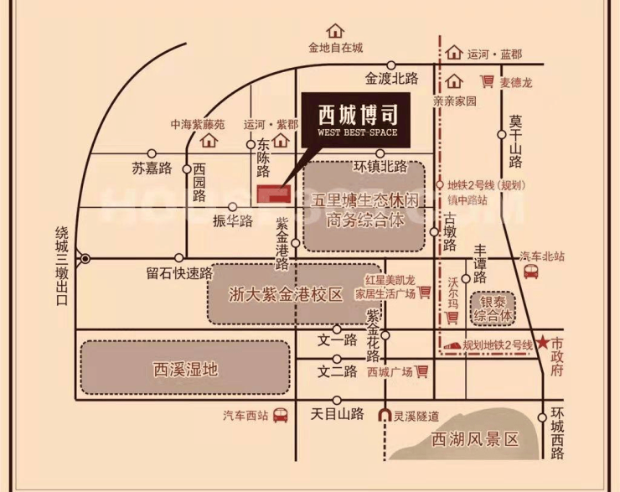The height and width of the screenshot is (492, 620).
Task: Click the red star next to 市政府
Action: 544,343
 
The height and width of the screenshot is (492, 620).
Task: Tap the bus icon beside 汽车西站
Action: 281,415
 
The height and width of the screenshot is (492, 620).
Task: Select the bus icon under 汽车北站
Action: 530,272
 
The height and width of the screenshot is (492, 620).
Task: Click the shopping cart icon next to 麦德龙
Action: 487,81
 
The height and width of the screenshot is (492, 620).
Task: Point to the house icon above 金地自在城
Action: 335,30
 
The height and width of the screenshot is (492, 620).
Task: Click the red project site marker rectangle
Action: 274,194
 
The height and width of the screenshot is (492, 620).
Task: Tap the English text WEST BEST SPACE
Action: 357,132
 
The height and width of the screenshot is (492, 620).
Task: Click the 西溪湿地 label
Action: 185,370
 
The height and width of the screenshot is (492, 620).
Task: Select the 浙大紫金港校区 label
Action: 286,295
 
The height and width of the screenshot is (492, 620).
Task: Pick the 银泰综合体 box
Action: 493,309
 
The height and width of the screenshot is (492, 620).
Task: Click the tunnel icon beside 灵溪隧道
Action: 385,415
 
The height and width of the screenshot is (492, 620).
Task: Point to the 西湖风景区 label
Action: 474,439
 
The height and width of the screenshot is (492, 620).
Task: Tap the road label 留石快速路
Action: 179,273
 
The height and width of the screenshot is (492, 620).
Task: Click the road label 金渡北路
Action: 391,79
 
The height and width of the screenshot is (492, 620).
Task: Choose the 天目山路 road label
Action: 337,414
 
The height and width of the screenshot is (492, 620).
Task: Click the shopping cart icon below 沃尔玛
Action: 452,317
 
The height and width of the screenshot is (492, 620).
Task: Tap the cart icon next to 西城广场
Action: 422,371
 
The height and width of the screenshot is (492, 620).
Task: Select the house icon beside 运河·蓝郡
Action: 453,52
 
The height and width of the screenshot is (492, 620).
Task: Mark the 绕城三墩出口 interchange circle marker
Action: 85,259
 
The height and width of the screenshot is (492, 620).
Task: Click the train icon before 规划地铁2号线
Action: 452,345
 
